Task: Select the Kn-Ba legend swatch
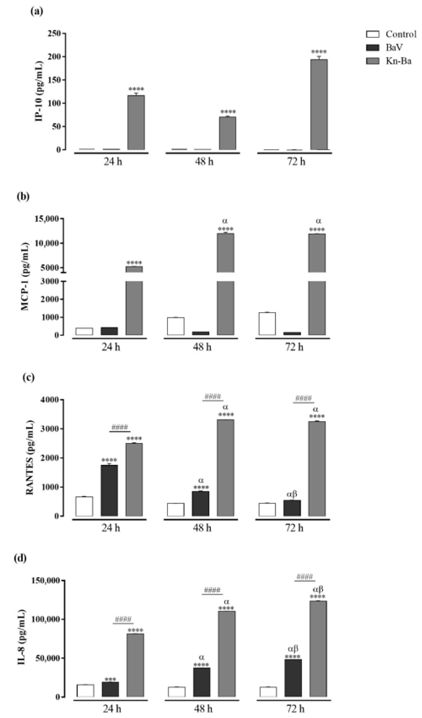tap(373, 61)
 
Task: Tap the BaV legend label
tap(394, 47)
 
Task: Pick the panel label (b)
tap(23, 197)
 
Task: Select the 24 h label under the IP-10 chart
tap(113, 162)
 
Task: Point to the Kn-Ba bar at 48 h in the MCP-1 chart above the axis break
tap(225, 253)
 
